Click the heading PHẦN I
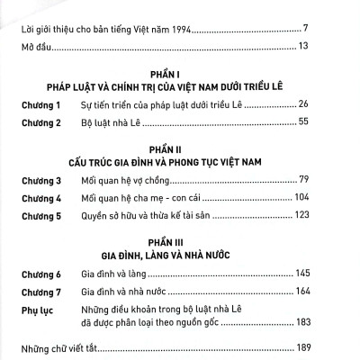[180, 78]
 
